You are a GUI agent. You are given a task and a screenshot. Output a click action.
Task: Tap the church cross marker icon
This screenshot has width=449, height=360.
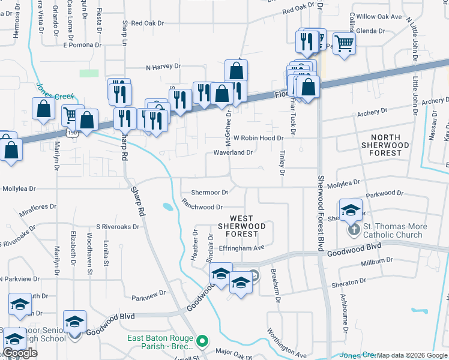[x=354, y=230]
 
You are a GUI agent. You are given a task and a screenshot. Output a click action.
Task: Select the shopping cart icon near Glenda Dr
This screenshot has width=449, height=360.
[x=344, y=43]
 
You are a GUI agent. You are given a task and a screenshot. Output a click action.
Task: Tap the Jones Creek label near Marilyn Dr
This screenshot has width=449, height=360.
[x=55, y=92]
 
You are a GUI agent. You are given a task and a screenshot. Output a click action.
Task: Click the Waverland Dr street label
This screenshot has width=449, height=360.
[x=233, y=153]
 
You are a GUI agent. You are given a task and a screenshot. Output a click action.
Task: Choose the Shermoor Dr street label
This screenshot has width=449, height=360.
[x=210, y=193]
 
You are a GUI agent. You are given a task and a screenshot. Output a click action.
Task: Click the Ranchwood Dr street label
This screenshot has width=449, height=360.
[x=202, y=207]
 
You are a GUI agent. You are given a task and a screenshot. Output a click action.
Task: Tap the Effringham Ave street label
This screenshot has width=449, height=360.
[x=242, y=247]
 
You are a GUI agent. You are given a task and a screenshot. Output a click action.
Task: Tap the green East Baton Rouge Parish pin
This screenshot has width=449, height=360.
[x=202, y=342]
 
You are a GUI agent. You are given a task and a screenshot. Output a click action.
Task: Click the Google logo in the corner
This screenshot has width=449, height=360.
[x=19, y=353]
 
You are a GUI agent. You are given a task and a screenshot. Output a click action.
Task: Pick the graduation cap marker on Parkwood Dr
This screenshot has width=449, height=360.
[x=351, y=210]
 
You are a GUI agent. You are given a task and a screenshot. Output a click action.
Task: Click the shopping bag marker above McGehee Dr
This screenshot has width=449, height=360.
[x=237, y=71]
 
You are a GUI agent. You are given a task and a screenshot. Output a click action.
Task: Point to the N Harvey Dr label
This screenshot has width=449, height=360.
[x=163, y=67]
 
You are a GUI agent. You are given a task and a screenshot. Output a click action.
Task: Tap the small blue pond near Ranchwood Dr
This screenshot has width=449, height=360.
[x=167, y=208]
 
